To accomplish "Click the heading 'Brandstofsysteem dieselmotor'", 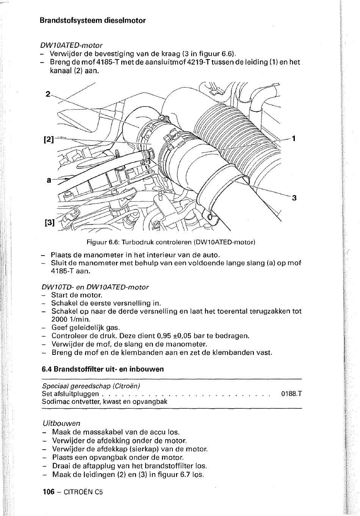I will coord(92,20).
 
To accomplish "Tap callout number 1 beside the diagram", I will coord(293,139).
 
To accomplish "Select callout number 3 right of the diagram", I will coord(294,198).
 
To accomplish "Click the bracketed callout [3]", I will coord(50,223).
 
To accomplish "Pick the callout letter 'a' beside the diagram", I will coord(49,180).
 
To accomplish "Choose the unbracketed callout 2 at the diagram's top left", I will coord(47,94).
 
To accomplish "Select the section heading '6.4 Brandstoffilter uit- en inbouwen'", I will coord(103,369).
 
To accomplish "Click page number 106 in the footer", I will coord(49,492).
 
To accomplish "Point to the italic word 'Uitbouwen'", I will coord(61,423).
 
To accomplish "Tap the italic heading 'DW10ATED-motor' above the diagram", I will coord(71,45).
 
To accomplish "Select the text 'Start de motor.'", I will coord(77,295).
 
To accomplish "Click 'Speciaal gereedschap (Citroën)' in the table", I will coord(91,386).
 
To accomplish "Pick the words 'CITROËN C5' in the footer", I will coord(83,492).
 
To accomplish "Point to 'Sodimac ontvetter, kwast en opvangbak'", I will coord(105,401).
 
